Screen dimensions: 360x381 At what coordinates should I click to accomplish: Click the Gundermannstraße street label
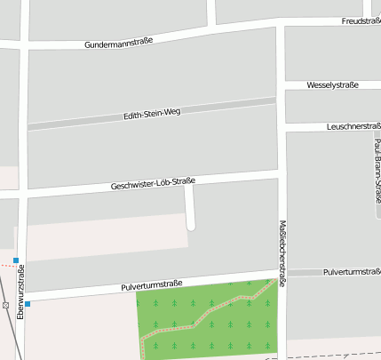point(119,42)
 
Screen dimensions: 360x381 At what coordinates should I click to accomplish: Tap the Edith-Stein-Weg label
point(151,114)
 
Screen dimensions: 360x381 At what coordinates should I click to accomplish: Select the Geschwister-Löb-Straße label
point(153,184)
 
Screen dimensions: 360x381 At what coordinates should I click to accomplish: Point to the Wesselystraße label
point(332,85)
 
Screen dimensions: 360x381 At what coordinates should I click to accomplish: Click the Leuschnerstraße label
point(353,126)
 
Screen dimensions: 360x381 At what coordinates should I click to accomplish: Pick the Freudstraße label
point(361,20)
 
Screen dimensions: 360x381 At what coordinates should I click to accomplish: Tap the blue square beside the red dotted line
point(16,260)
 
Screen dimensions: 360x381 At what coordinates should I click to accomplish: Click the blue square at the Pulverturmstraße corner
point(28,304)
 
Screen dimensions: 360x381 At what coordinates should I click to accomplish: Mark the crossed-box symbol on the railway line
point(6,305)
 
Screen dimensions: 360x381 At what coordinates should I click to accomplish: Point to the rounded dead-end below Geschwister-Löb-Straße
point(190,226)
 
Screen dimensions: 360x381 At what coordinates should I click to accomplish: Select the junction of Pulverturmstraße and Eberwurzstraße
point(23,297)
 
